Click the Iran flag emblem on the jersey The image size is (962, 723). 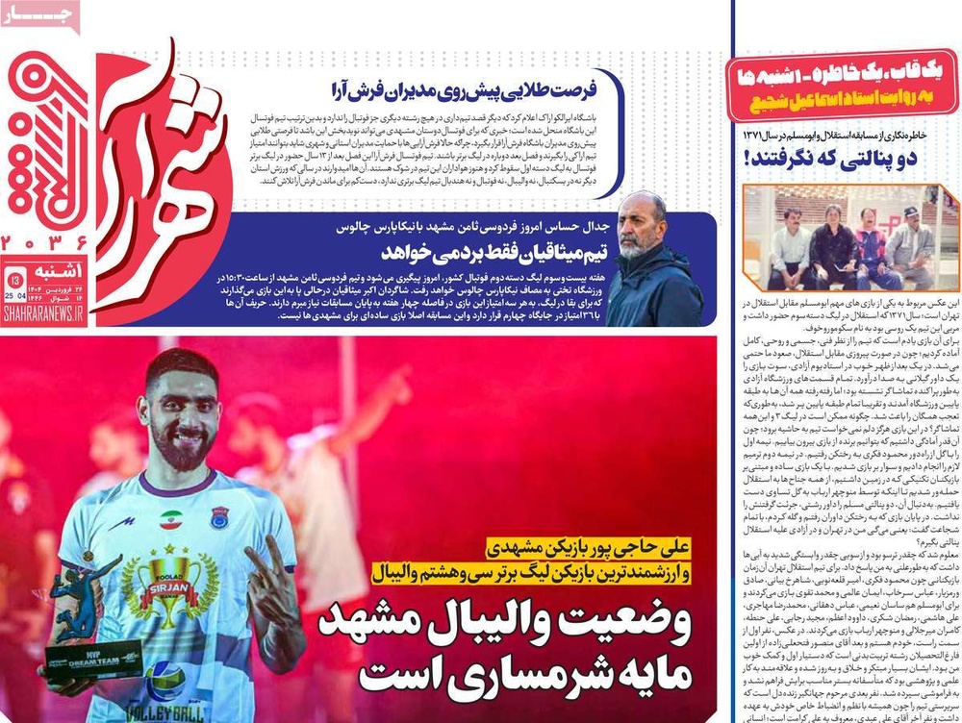click(x=171, y=520)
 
